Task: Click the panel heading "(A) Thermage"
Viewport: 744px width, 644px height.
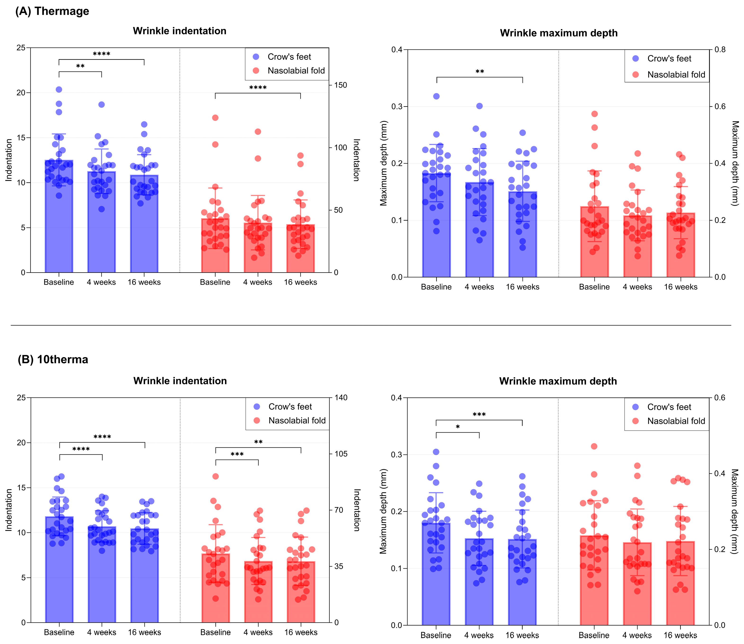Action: point(52,11)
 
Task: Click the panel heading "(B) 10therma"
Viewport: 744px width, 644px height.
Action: point(53,359)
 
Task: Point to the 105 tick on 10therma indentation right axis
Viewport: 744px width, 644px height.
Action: point(341,454)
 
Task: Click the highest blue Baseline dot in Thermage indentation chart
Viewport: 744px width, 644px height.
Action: point(59,90)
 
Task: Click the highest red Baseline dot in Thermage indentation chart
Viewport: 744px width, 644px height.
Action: point(215,118)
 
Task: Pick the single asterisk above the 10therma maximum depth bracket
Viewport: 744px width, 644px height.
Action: point(458,427)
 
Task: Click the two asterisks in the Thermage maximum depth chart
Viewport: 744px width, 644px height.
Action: point(480,72)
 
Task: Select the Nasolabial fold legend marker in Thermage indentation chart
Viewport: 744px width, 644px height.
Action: point(256,70)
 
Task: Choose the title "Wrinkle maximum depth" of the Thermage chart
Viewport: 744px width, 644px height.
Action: point(559,33)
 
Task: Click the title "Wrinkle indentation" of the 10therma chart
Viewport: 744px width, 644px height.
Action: point(180,381)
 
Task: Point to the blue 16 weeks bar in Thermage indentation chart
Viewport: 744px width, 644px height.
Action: point(144,224)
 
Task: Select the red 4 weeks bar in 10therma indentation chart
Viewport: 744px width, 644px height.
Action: point(258,592)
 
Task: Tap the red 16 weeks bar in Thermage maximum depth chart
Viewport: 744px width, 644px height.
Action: point(681,245)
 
